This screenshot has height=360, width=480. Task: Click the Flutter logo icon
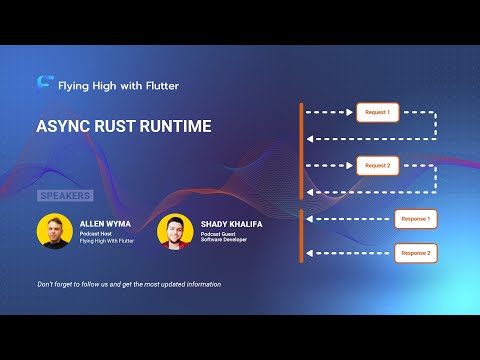coord(44,85)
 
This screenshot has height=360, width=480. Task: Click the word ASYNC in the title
coord(64,128)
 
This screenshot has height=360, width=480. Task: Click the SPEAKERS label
coord(65,195)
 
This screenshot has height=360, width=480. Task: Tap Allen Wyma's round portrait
coord(54,231)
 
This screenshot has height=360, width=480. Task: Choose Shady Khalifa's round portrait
coord(175,231)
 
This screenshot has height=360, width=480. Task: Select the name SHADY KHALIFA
coord(232,224)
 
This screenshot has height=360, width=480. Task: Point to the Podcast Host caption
coord(96,234)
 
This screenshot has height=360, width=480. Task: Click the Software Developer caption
coord(226,240)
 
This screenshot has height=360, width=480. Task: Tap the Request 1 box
coord(378,112)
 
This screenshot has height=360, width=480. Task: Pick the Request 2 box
coord(378,165)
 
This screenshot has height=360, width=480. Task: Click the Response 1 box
coord(415,219)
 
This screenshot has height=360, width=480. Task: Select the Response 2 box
coord(415,253)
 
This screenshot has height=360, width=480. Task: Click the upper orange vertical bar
coord(301,150)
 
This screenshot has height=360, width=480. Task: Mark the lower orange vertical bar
coord(301,236)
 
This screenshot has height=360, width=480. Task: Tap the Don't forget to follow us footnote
coord(129,284)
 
